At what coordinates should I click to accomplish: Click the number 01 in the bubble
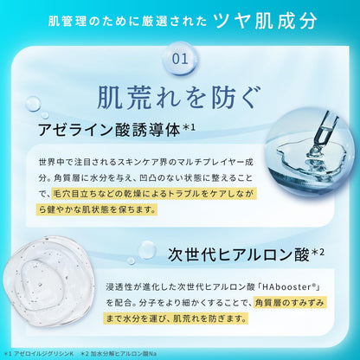tap(180, 59)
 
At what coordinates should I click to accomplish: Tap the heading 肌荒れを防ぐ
tap(179, 98)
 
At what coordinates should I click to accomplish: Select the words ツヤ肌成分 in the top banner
tap(266, 21)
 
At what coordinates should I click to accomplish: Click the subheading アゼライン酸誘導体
tap(109, 130)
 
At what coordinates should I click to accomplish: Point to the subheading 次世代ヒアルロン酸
tap(239, 255)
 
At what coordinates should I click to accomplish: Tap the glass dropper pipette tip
tap(316, 149)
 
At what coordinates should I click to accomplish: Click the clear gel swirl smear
tap(49, 280)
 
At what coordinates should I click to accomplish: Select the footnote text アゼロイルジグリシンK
tap(44, 353)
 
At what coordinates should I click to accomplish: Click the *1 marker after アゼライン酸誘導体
tap(190, 127)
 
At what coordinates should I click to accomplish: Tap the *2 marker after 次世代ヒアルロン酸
tap(318, 253)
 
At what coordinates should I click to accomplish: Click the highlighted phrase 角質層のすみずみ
tap(290, 303)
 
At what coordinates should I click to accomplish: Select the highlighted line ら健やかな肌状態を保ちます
tap(97, 209)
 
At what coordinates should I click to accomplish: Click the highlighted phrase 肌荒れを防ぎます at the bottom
tap(209, 318)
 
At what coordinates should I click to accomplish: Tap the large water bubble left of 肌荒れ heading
tap(33, 104)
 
